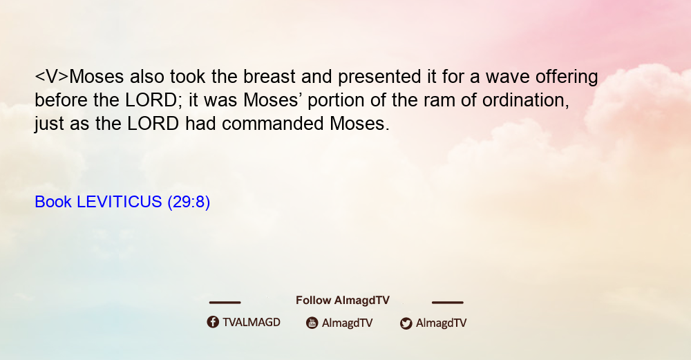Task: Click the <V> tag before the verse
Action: coord(52,77)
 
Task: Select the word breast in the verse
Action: coord(269,77)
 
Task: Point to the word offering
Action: coord(567,77)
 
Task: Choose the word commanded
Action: coord(273,124)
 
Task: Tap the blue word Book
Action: coord(53,202)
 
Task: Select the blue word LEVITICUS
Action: coord(120,202)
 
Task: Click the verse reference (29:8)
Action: coord(189,202)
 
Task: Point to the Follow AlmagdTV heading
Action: coord(343,301)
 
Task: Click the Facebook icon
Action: coord(213,322)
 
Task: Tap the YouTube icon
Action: coord(312,323)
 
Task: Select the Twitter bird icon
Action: coord(406,323)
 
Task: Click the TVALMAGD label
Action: coord(252,323)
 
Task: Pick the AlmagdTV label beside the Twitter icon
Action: coord(441,323)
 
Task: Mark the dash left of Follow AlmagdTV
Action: coord(225,303)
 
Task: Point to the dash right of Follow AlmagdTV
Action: coord(448,303)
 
